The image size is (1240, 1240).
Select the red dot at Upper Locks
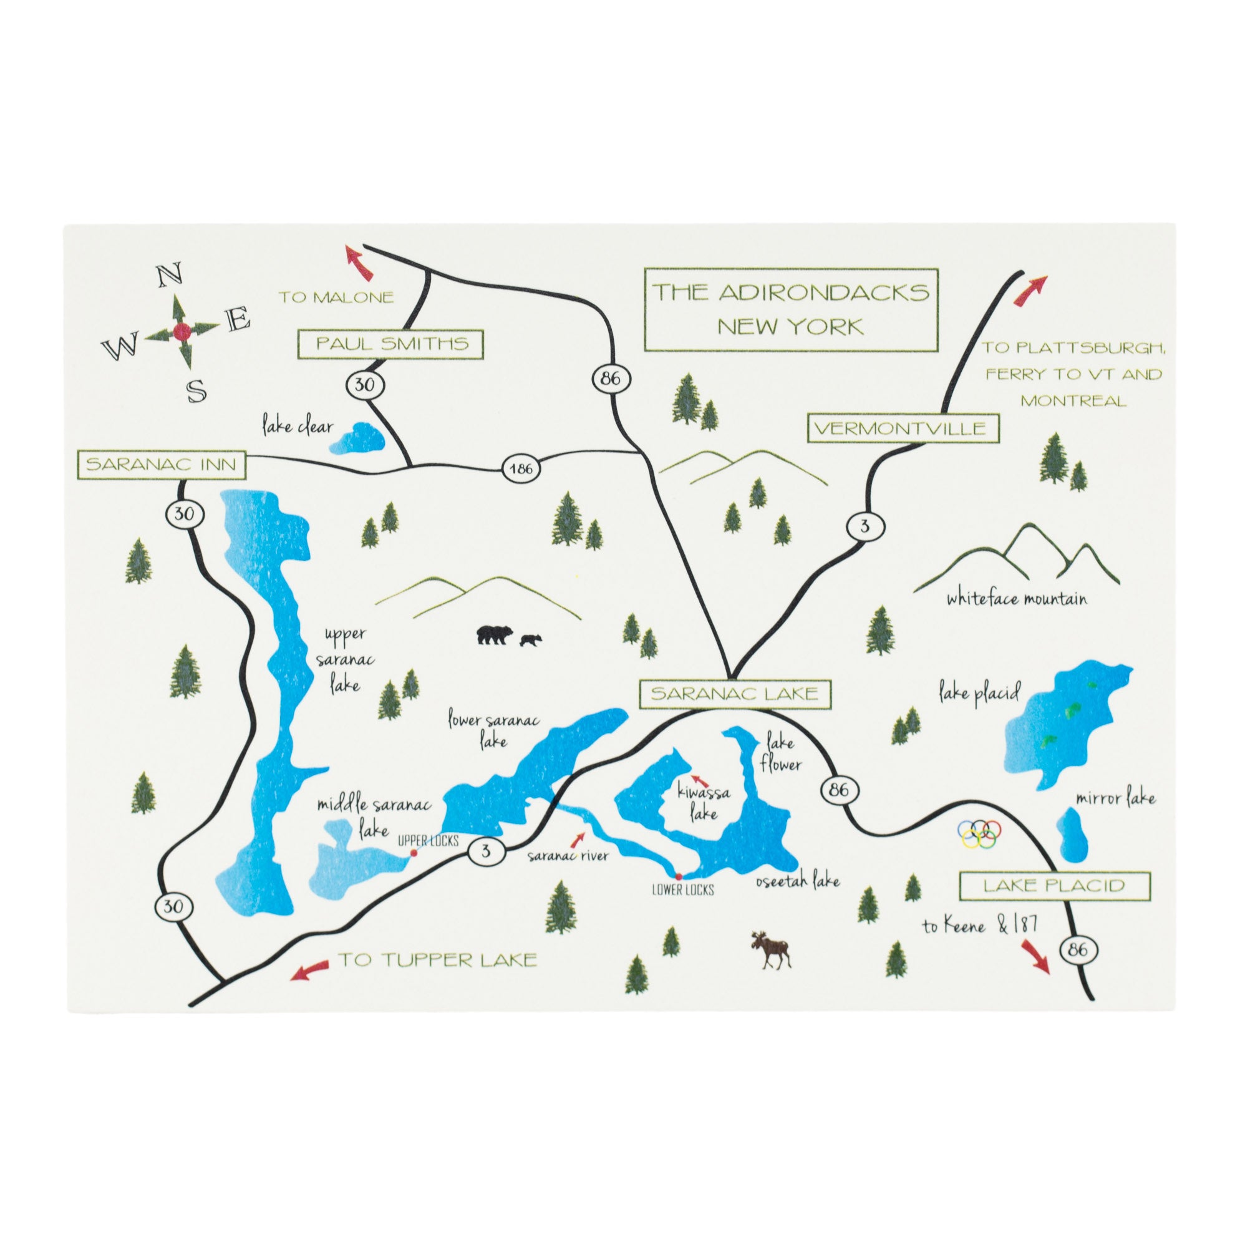coord(414,853)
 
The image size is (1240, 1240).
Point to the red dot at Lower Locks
coord(679,876)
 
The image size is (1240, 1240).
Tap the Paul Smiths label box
coord(391,344)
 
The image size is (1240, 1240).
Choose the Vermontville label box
coord(903,429)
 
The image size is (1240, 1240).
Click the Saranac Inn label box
coord(160,465)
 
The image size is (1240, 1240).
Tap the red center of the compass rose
coord(182,332)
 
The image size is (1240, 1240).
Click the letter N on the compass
coord(168,278)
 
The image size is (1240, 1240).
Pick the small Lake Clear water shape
coord(357,438)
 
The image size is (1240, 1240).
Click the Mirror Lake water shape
coord(1070,837)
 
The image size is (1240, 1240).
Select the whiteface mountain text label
coord(1017,599)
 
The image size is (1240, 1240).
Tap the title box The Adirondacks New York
coord(791,309)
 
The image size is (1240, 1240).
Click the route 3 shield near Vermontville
coord(865,527)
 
